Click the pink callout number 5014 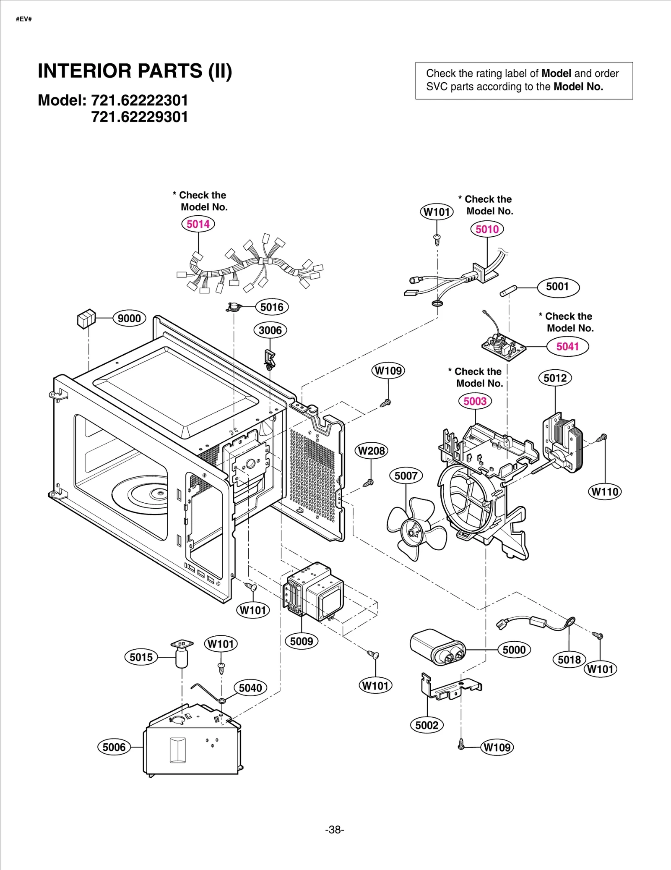198,224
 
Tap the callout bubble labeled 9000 129,319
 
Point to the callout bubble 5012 555,378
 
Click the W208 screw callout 371,451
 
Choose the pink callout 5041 567,347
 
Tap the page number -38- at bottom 335,830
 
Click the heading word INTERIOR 85,71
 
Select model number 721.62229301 140,117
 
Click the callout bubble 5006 114,747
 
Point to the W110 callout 605,492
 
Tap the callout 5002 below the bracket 427,725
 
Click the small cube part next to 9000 86,319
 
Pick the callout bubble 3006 270,330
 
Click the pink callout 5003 475,401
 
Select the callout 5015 141,657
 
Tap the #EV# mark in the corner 24,19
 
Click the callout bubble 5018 569,660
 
